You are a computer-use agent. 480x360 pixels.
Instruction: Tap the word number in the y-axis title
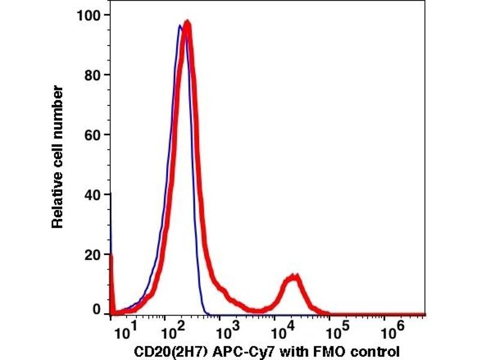click(58, 106)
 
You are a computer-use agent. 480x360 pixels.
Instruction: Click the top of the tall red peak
click(188, 24)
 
